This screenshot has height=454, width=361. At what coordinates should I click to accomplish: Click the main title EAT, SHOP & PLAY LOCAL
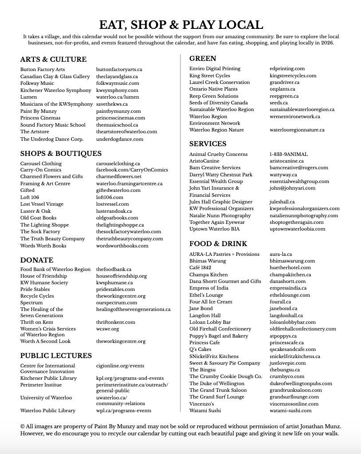[x=180, y=25]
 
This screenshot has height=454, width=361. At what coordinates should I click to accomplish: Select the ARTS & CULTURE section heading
[x=53, y=60]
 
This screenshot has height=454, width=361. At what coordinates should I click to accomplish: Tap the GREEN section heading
[x=203, y=59]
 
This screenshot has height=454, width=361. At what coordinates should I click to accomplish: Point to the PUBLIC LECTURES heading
[x=56, y=356]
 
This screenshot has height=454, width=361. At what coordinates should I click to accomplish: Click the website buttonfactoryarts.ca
[x=119, y=70]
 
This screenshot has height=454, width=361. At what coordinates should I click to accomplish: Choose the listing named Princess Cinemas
[x=40, y=118]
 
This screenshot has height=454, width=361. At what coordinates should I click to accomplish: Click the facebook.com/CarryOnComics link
[x=132, y=170]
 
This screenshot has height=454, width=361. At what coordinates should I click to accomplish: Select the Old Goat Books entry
[x=39, y=218]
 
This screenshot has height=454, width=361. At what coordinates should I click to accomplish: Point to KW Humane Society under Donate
[x=44, y=283]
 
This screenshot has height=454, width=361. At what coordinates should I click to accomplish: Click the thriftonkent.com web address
[x=116, y=323]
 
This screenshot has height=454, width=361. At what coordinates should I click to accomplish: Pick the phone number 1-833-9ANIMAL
[x=289, y=155]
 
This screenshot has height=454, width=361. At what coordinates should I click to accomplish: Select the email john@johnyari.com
[x=293, y=188]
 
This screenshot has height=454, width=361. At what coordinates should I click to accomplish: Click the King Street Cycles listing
[x=210, y=76]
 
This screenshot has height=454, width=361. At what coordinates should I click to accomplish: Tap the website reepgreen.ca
[x=284, y=96]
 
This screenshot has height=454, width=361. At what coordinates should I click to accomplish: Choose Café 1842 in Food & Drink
[x=200, y=268]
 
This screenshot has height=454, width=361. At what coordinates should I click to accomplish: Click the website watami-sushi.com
[x=291, y=411]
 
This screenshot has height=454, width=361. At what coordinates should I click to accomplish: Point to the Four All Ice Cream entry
[x=211, y=302]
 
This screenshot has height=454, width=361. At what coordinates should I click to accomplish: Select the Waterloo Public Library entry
[x=48, y=411]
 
